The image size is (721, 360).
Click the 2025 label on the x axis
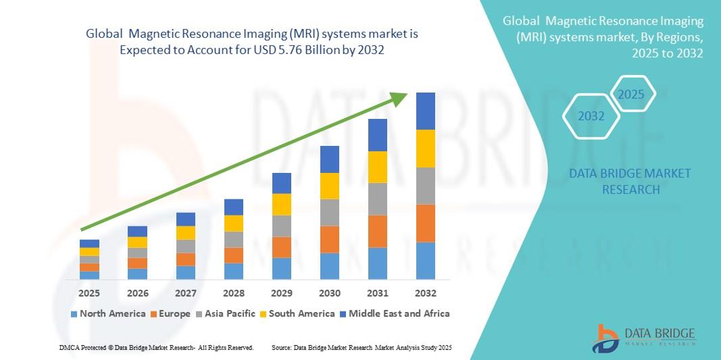[x=89, y=293]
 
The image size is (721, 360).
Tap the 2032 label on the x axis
[x=426, y=293]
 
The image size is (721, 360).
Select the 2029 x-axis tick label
[x=282, y=293]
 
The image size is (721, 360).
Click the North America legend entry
[x=108, y=313]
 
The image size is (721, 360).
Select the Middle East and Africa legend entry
[x=395, y=313]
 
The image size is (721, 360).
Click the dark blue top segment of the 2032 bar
[x=426, y=111]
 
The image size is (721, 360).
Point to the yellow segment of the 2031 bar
[x=378, y=167]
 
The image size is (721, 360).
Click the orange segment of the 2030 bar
[x=330, y=239]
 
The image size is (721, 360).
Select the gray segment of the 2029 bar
[x=282, y=226]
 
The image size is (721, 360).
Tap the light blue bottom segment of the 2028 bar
[x=234, y=271]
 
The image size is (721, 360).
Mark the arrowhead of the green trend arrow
[x=401, y=99]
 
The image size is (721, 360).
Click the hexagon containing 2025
[x=632, y=95]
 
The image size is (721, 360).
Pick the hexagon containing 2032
[x=591, y=116]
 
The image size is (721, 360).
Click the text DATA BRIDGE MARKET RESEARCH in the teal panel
[x=630, y=182]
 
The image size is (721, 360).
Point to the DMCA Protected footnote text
[x=156, y=347]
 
